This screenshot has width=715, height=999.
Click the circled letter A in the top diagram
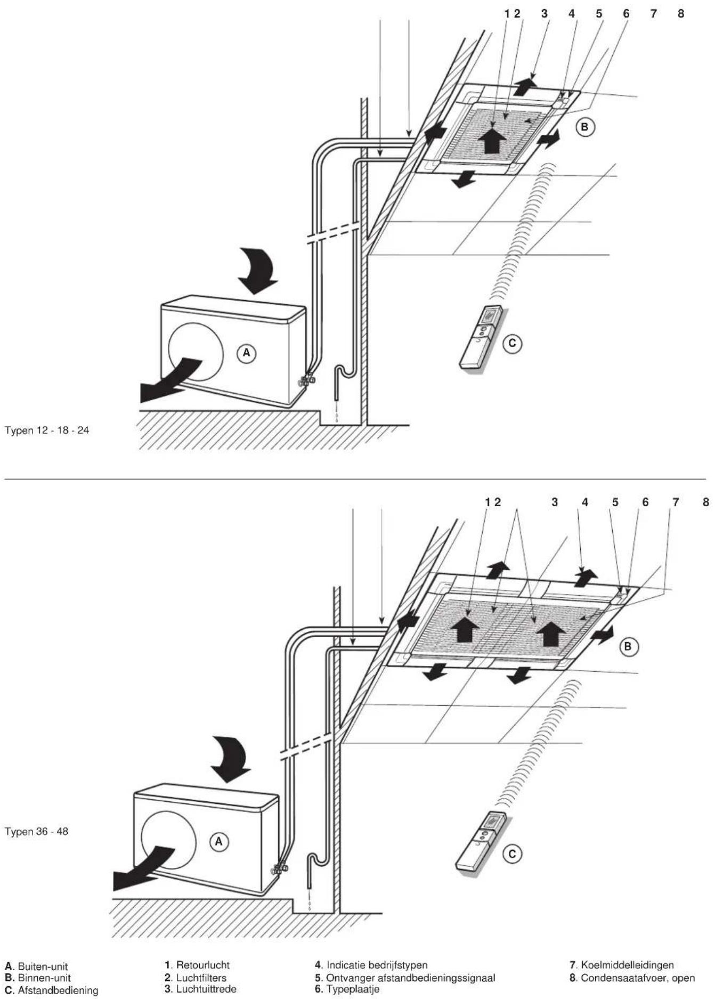(x=246, y=353)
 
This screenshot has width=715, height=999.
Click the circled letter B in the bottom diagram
(x=629, y=646)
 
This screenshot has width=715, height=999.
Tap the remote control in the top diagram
(x=481, y=337)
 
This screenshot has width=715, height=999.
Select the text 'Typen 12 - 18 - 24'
(x=47, y=430)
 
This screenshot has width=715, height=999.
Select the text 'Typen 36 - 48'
(x=37, y=831)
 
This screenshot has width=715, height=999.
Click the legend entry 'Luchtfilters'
(x=196, y=978)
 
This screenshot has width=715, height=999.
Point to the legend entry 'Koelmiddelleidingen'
(x=622, y=965)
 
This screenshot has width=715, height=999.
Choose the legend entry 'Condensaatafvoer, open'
(x=632, y=978)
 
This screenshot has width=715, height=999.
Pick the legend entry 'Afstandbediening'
(x=52, y=990)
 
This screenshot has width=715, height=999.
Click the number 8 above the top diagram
(x=681, y=14)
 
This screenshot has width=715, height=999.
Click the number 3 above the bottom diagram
(x=555, y=502)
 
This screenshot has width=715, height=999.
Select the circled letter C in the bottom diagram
(x=513, y=854)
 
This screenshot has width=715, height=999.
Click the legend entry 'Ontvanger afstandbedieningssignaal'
(x=405, y=978)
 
